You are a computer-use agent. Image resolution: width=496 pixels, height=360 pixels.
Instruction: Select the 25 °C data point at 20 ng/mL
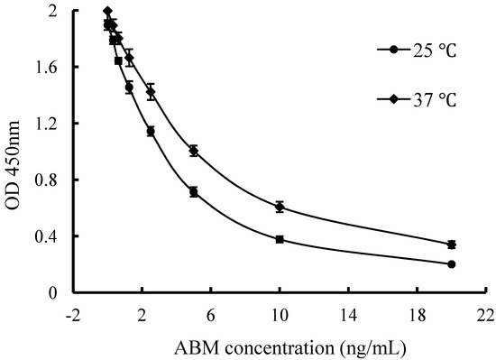point(451,264)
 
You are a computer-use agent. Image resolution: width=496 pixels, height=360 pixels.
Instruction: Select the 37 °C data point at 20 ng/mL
point(451,245)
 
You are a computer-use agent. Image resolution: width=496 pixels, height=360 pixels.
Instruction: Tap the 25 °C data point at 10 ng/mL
point(280,239)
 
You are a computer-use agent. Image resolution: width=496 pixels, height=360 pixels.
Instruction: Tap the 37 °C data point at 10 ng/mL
point(280,207)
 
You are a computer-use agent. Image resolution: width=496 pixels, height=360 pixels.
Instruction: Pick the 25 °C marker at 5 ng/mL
point(194,192)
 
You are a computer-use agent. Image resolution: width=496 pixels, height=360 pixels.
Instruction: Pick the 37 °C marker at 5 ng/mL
point(194,151)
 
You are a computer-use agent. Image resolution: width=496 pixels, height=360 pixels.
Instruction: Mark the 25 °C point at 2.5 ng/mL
point(151,131)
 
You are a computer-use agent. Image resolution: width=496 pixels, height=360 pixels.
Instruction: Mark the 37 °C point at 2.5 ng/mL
point(151,92)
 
